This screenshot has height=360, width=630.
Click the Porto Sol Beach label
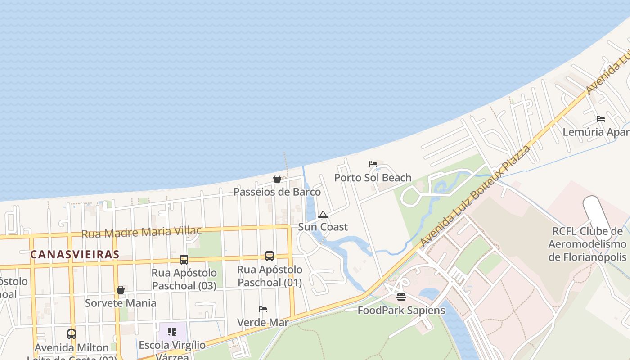[x=373, y=178]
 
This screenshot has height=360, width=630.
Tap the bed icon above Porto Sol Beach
[x=373, y=164]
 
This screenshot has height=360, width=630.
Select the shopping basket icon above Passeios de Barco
[x=277, y=179]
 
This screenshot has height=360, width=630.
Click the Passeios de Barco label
[x=277, y=192]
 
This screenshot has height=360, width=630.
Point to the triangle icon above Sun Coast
[x=323, y=214]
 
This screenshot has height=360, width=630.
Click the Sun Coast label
[x=323, y=227]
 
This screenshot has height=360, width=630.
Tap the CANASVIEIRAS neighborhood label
[x=75, y=254]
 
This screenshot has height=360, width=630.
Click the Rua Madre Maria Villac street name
[x=141, y=232]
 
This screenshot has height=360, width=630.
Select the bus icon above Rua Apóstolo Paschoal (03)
[x=184, y=260]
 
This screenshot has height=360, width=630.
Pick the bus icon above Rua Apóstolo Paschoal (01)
[x=270, y=256]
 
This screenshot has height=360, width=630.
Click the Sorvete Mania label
[x=121, y=303]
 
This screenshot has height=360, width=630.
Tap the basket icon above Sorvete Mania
[x=121, y=290]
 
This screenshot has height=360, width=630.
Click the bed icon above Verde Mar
[x=263, y=309]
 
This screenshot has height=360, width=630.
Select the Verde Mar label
[x=263, y=322]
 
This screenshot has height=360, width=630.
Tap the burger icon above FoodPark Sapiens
[x=401, y=297]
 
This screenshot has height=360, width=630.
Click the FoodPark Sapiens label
[x=401, y=310]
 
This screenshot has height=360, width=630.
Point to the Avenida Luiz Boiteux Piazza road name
[x=475, y=196]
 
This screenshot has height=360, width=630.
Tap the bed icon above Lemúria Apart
[x=601, y=119]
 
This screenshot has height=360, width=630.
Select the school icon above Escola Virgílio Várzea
[x=172, y=332]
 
